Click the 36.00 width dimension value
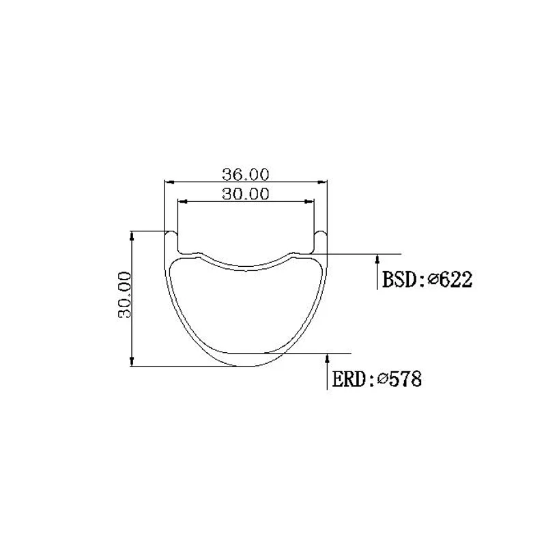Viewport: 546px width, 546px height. [246, 175]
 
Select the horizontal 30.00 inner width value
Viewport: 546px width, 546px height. [246, 194]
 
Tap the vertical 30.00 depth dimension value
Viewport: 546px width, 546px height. [125, 295]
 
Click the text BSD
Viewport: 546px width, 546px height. [399, 280]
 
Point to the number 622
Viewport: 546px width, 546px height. [456, 280]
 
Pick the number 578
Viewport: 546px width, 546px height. [405, 379]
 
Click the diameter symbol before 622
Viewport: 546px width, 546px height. [433, 279]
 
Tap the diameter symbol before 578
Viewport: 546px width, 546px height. [382, 379]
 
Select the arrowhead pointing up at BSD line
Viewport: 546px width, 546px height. [377, 259]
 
